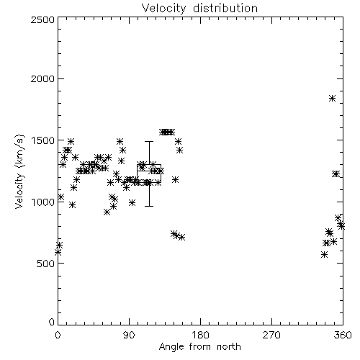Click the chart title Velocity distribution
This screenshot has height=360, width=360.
coord(199,8)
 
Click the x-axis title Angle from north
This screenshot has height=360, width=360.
coord(199,346)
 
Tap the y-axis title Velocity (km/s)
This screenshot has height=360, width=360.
coord(20,171)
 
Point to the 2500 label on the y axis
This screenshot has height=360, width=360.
coord(42,19)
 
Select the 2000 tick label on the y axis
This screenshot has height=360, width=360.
coord(42,78)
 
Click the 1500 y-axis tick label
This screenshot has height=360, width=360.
coord(43,140)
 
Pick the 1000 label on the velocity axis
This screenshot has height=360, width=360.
coord(43,202)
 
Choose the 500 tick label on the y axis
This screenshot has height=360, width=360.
coord(46,264)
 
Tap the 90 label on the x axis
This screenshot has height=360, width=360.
coord(129,335)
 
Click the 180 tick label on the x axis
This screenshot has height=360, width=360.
coord(200,335)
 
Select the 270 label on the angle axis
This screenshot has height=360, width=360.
coord(271,335)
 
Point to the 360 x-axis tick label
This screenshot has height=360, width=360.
coord(343,335)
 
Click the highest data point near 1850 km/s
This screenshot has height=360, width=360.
coord(332,98)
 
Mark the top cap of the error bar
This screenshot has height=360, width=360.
coord(149,142)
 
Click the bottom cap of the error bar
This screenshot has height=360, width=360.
coord(149,206)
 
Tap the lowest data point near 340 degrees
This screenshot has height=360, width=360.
coord(324,255)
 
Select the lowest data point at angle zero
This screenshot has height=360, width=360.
coord(58,252)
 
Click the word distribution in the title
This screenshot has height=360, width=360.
coord(225,8)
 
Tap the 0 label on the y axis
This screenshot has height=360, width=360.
coord(52,322)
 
